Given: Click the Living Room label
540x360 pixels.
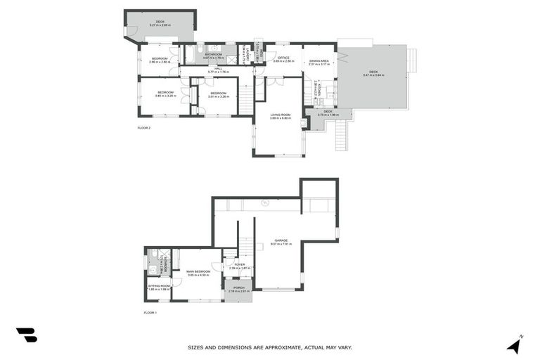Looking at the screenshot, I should (280, 115).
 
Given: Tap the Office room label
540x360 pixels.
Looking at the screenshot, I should (283, 58).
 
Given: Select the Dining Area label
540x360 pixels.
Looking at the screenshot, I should (320, 60).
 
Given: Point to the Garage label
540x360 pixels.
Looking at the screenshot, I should (281, 240).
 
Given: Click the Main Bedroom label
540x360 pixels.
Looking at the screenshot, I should (198, 271).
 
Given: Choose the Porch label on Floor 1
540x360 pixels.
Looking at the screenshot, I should (238, 287).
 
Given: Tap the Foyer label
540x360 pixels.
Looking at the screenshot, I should (240, 264).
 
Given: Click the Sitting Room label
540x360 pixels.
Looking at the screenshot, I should (159, 286).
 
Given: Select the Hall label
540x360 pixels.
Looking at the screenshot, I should (218, 69).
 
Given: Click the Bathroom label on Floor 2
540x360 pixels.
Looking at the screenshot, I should (214, 54).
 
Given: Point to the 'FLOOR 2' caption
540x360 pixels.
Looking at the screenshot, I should (143, 128).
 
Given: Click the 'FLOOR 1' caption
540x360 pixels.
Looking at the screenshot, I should (150, 312).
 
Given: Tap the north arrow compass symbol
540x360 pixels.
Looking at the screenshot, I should (515, 345).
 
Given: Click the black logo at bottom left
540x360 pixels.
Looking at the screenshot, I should (26, 335).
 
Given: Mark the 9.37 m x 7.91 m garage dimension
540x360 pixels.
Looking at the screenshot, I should (281, 245).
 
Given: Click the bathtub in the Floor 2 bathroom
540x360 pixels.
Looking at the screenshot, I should (191, 53).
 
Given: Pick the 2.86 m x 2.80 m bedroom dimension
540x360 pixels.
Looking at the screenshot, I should (160, 62).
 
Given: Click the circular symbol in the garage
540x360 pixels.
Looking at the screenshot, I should (265, 203).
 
